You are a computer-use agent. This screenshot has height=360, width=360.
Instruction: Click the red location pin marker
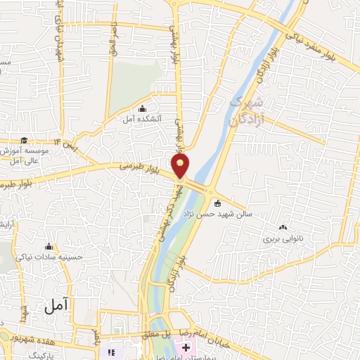click(x=181, y=166)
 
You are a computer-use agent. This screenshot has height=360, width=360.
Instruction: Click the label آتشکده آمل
click(x=142, y=120)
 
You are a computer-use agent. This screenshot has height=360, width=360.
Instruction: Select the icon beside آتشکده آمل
click(x=143, y=108)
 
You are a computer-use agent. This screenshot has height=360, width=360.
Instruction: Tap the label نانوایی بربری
click(x=282, y=239)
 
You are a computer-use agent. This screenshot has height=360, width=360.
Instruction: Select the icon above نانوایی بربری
click(x=283, y=228)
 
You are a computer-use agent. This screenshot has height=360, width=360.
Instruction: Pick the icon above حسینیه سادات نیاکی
click(x=49, y=247)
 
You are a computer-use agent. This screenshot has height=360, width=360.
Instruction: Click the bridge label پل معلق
click(x=160, y=333)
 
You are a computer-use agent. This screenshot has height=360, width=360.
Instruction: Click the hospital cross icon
click(x=186, y=348)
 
